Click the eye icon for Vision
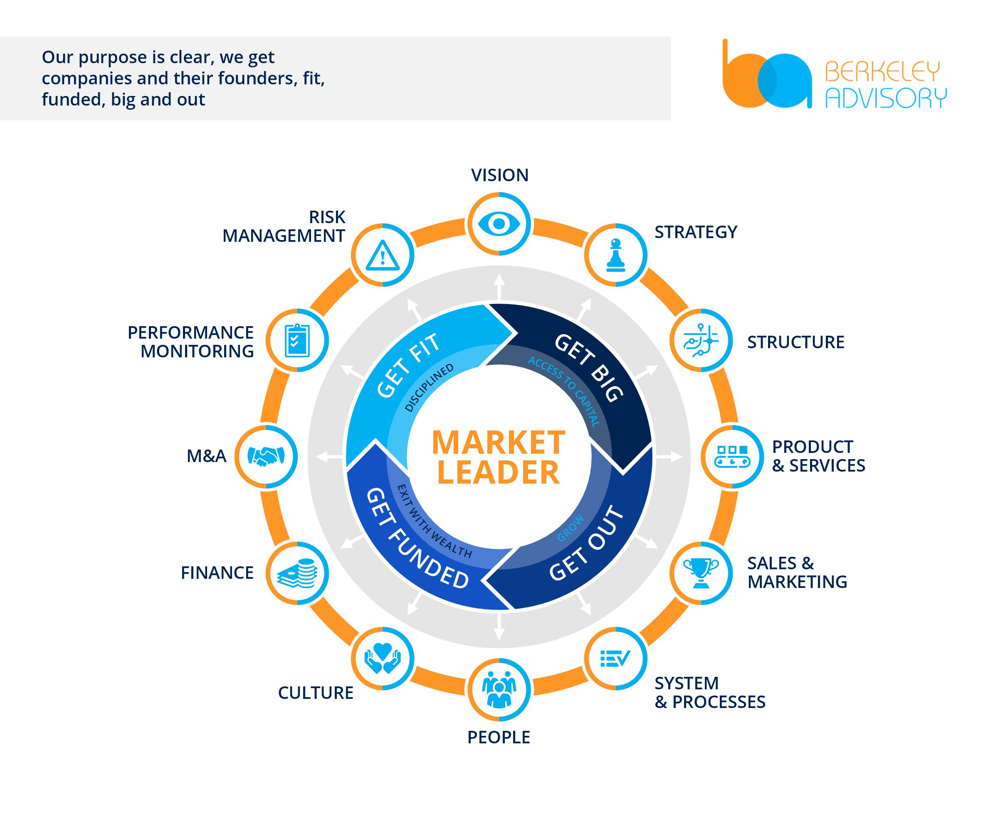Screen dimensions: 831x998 coord(499,224)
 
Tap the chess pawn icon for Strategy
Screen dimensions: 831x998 coord(615,255)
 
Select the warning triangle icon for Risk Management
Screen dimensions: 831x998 coord(383,255)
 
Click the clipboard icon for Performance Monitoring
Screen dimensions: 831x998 coord(297,340)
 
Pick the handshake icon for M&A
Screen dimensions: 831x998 coord(266,456)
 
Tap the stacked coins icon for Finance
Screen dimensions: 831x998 coord(297,573)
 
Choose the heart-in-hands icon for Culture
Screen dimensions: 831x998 coord(383,658)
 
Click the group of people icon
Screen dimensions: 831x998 coord(499,689)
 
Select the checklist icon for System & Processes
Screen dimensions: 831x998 coord(615,658)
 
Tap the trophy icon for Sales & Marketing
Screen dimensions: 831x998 coord(701,573)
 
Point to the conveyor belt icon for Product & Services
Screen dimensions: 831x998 coord(732,456)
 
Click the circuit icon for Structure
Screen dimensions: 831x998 coord(701,340)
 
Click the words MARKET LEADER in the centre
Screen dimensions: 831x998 coord(499,457)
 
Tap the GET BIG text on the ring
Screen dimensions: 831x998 coord(589,368)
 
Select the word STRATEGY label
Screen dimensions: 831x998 coord(696,232)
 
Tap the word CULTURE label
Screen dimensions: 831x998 coord(316,693)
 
